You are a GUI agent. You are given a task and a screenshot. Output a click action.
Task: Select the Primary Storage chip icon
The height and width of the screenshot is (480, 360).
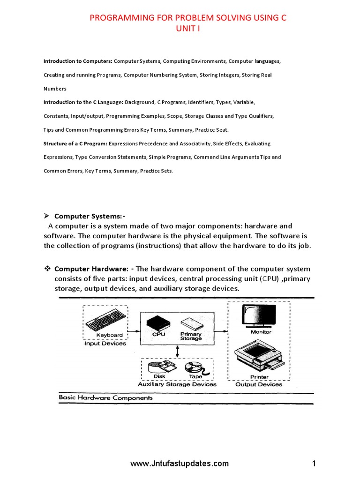pos(189,324)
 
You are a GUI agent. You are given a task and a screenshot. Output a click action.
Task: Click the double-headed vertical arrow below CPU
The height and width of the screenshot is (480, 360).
pos(177,352)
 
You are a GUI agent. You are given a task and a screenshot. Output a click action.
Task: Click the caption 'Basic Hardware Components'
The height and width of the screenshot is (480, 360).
pos(105,397)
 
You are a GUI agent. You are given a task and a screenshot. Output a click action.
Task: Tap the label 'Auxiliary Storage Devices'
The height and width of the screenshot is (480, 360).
pos(177,384)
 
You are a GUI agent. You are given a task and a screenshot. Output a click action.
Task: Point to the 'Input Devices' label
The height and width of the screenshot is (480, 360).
pos(105,343)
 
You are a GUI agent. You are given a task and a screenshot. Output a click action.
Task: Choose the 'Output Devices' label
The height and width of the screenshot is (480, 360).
pos(259,384)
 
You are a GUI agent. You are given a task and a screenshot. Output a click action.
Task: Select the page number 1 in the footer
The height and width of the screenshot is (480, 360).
pos(314,464)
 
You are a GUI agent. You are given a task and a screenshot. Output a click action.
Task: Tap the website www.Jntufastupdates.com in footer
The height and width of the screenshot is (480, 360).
pos(180,464)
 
